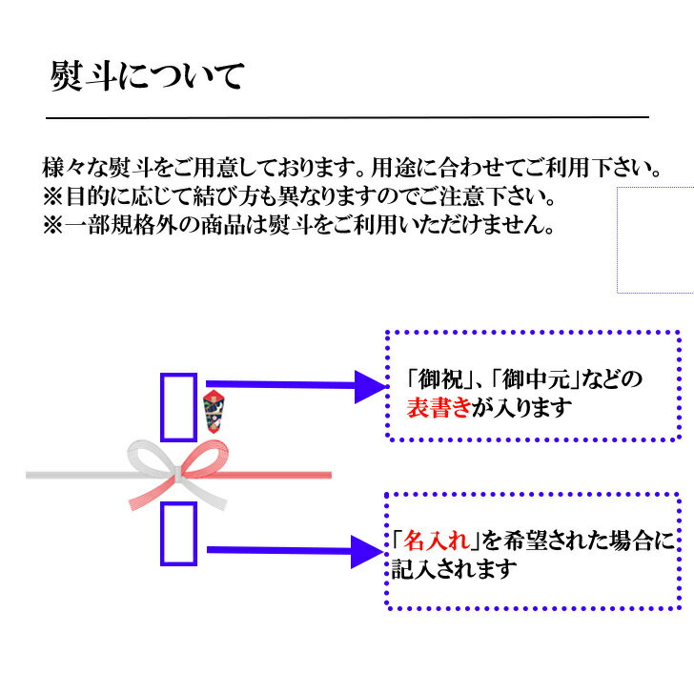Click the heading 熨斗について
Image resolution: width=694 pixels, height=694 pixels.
(148, 76)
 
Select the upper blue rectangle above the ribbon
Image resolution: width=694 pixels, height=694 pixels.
(178, 406)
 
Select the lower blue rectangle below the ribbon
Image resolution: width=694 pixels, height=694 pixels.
(178, 531)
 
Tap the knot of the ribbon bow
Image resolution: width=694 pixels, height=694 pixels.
(179, 473)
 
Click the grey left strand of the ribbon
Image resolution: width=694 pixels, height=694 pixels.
(76, 474)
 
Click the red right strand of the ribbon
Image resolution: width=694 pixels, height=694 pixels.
(286, 474)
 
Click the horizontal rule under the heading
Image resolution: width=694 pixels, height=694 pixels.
(347, 116)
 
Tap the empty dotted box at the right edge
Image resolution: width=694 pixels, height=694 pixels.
(656, 239)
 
